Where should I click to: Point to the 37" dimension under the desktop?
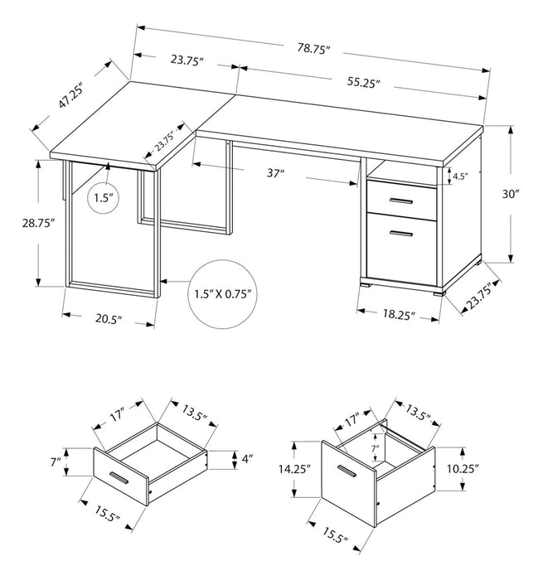276,173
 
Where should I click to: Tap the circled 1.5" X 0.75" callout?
221,293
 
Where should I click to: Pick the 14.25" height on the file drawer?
294,469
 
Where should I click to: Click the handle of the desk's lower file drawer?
403,235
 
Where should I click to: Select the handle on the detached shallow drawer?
115,481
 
